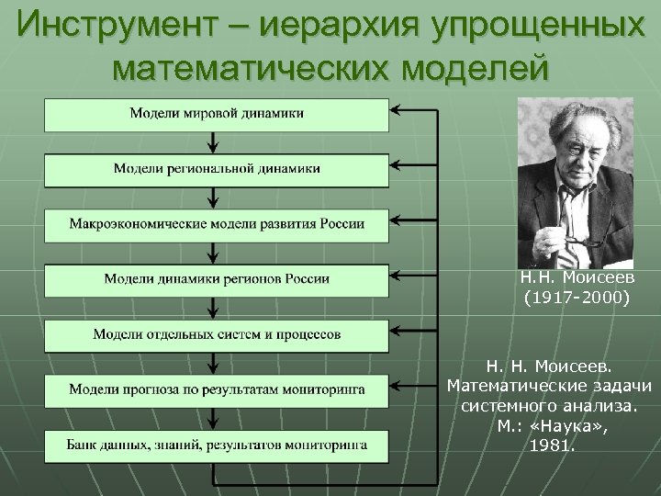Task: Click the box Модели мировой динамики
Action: [x=217, y=114]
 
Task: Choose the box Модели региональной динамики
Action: [x=217, y=169]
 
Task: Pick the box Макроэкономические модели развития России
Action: [x=217, y=224]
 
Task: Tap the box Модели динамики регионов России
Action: [x=217, y=279]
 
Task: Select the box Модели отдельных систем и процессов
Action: [x=217, y=334]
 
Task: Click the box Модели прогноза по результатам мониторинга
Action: [x=217, y=390]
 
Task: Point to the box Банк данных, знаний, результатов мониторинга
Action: [x=217, y=445]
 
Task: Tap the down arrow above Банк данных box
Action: [x=214, y=418]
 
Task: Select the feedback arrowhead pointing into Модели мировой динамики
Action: [x=398, y=114]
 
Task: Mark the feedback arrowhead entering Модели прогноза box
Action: [x=398, y=390]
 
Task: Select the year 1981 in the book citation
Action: [x=552, y=446]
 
